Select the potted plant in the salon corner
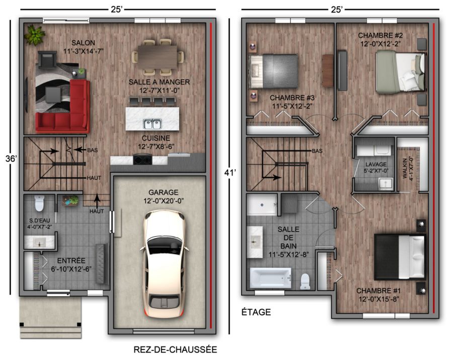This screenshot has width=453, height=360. tap(35, 35)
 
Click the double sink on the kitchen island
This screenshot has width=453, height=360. tap(152, 124)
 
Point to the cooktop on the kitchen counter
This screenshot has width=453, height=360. tap(142, 160)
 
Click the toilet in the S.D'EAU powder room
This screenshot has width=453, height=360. tap(39, 203)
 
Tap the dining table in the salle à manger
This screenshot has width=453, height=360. tap(158, 57)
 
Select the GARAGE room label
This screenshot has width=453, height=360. tap(163, 192)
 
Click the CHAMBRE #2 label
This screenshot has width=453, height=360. tap(380, 36)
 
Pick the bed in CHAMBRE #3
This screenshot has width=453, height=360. tap(273, 71)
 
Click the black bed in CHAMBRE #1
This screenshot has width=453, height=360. tap(400, 257)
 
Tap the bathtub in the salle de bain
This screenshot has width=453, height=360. tap(270, 278)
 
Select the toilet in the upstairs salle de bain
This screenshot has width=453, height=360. tap(305, 281)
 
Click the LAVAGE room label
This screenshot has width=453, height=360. tap(375, 165)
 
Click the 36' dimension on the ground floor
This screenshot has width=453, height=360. tap(11, 159)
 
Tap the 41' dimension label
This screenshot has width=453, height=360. tap(230, 173)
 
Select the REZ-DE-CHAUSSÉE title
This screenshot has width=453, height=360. tap(175, 349)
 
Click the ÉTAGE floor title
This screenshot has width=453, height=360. tap(256, 312)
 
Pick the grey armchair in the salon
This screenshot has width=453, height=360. tap(47, 59)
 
